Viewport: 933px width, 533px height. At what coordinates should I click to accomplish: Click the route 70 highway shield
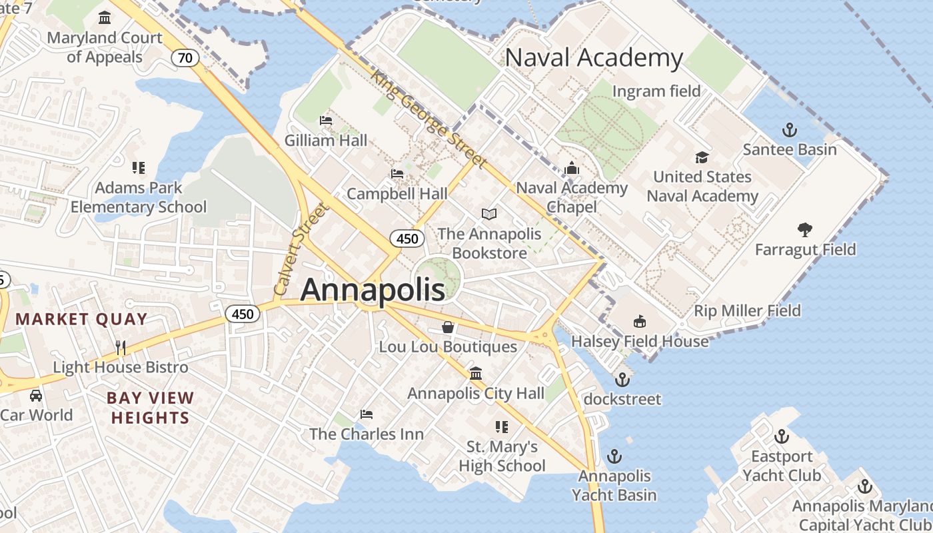tap(185, 58)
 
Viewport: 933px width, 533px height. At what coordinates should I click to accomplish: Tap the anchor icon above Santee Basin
tap(790, 130)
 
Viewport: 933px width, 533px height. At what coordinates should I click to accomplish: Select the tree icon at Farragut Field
tap(805, 230)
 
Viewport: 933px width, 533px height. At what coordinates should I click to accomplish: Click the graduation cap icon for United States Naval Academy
tap(702, 157)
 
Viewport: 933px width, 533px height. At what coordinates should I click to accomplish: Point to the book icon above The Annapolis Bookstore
tap(489, 214)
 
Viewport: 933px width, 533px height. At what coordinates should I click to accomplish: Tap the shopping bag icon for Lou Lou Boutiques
tap(448, 327)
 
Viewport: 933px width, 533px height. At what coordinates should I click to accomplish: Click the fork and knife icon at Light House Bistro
tap(120, 347)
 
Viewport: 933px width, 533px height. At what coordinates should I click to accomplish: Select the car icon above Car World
tap(36, 396)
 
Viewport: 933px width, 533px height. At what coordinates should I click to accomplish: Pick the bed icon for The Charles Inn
tap(366, 414)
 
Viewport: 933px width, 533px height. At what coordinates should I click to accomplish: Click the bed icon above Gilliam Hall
tap(326, 121)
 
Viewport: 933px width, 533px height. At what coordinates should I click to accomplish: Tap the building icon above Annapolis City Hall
tap(476, 373)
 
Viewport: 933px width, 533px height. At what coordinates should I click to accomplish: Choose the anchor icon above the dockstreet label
tap(622, 380)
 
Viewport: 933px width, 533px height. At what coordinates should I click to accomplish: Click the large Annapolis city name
tap(373, 290)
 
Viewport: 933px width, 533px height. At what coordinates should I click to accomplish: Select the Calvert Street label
tap(302, 250)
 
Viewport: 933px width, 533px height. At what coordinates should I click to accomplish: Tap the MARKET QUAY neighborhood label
tap(81, 319)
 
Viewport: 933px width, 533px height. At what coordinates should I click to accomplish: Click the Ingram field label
tap(656, 91)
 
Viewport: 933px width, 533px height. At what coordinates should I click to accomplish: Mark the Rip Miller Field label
tap(747, 310)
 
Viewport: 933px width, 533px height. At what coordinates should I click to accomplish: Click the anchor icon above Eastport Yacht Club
tap(781, 437)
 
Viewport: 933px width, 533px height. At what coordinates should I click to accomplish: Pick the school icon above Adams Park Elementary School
tap(139, 168)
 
